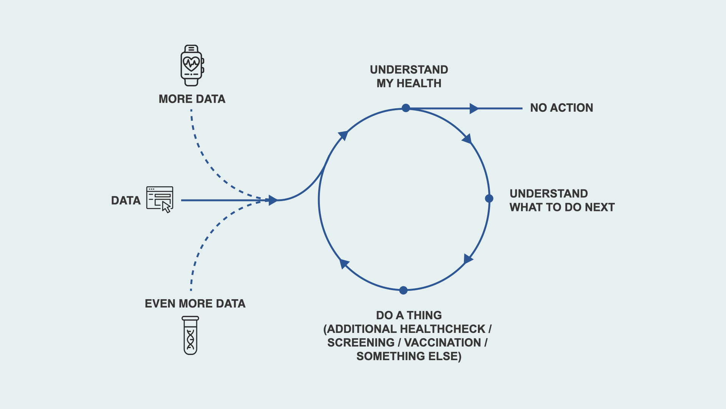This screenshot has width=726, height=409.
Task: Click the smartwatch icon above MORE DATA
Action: (x=192, y=66)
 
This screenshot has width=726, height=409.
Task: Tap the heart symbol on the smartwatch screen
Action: (x=191, y=63)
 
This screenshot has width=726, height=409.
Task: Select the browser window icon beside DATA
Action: (x=160, y=198)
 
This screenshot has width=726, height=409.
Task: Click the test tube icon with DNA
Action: (x=190, y=336)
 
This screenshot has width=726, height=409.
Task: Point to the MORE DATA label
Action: (x=192, y=99)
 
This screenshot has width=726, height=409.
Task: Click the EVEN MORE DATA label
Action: (x=195, y=303)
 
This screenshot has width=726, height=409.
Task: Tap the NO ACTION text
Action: (x=561, y=108)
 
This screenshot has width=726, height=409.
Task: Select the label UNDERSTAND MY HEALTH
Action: (x=409, y=76)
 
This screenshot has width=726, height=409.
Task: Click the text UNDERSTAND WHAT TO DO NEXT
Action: (x=562, y=200)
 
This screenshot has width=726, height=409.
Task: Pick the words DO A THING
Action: (x=409, y=315)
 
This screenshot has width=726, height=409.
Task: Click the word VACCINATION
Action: (x=442, y=342)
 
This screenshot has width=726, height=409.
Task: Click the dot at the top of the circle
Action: (x=406, y=108)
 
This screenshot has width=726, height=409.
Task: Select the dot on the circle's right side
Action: (x=489, y=198)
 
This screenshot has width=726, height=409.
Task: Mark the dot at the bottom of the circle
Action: (x=403, y=290)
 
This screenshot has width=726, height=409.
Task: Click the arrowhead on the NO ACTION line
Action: (x=473, y=109)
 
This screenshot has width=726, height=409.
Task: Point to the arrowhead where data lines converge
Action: (x=273, y=200)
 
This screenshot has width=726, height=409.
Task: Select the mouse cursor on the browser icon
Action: (x=166, y=207)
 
